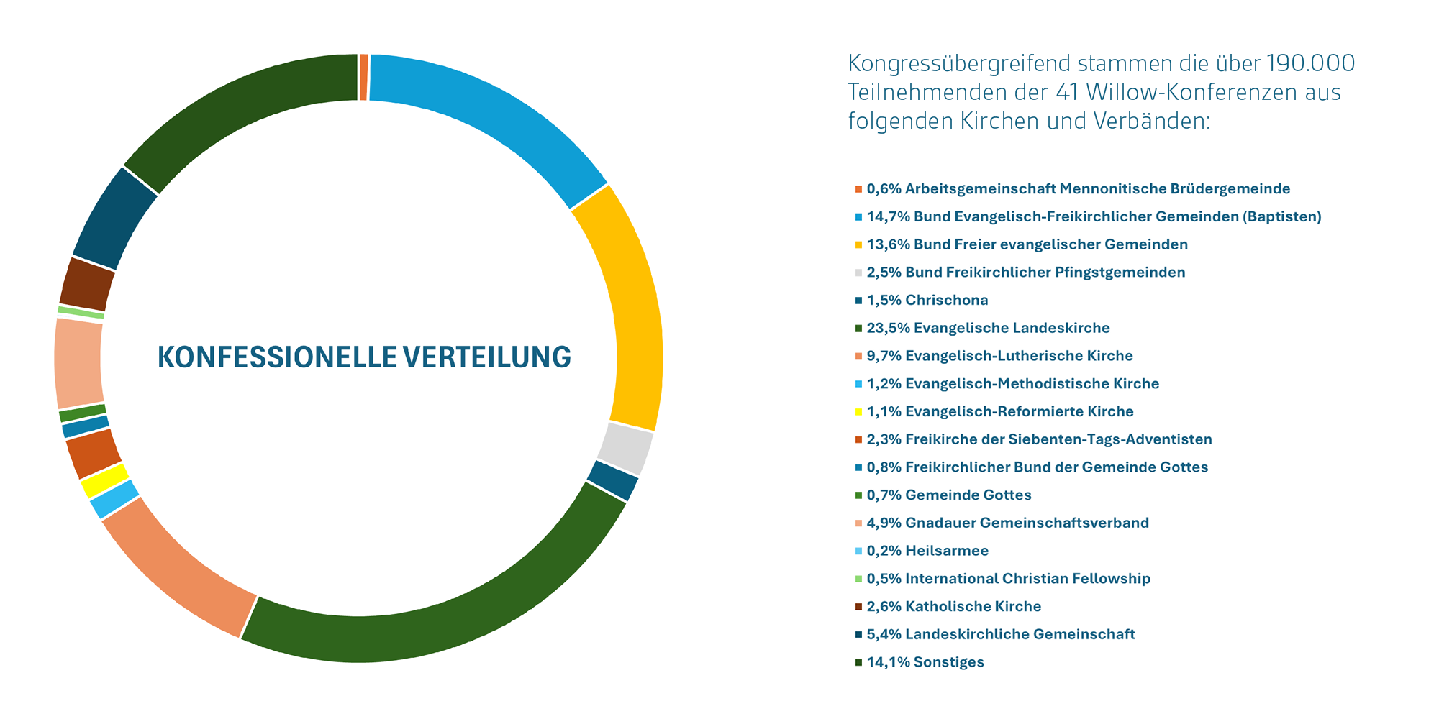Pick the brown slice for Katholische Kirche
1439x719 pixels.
coord(86,283)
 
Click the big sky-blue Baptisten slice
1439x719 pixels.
coord(489,122)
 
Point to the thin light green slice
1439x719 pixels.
coord(81,312)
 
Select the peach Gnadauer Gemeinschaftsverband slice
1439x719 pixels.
coord(78,363)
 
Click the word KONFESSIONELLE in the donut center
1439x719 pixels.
coord(276,357)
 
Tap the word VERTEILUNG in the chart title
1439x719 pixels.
coord(486,357)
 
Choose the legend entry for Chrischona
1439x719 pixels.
coord(946,300)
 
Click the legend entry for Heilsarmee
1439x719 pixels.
coord(946,551)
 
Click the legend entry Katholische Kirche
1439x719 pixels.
coord(973,606)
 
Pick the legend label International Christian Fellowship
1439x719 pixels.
coord(1027,579)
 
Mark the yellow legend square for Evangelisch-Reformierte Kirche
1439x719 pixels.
coord(858,412)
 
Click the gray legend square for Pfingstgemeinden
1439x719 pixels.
coord(858,273)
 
